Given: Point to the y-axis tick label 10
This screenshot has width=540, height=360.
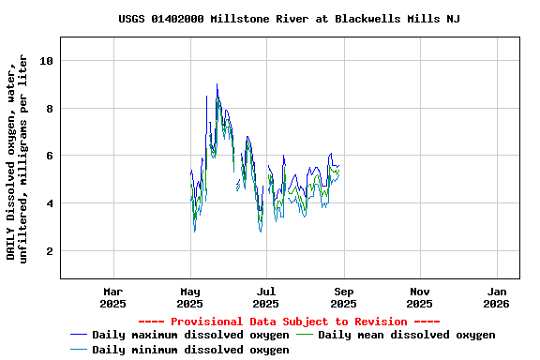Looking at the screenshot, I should (x=47, y=61).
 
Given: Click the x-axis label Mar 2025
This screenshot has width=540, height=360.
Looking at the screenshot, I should (x=112, y=297).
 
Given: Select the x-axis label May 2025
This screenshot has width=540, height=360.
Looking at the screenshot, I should (x=189, y=297).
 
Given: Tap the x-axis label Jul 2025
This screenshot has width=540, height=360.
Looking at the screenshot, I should (x=266, y=297).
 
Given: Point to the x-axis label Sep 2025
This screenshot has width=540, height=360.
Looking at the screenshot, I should (x=343, y=297).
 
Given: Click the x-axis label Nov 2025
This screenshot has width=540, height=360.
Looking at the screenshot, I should (x=420, y=297).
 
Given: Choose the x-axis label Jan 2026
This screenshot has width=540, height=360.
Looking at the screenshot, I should (x=496, y=297).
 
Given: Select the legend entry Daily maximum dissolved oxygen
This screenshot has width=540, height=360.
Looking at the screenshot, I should (x=190, y=335).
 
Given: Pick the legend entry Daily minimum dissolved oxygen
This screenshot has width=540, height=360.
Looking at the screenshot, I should (x=190, y=349).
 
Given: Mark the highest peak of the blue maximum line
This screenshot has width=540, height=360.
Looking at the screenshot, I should (x=217, y=84).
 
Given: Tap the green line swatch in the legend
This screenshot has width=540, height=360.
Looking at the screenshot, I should (x=306, y=335).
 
